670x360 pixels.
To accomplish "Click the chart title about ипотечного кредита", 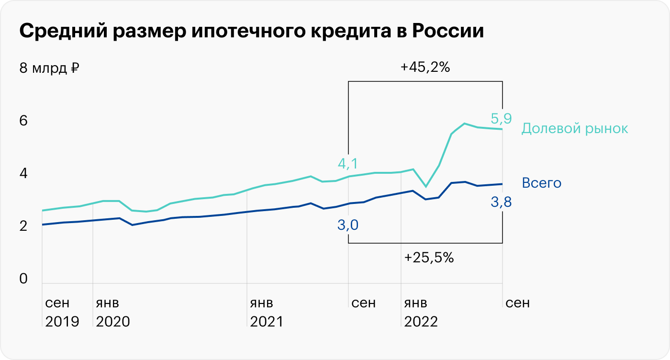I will pyautogui.click(x=252, y=32).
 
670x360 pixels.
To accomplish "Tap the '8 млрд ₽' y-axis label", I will pyautogui.click(x=49, y=68).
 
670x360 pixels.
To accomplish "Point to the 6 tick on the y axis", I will pyautogui.click(x=23, y=121).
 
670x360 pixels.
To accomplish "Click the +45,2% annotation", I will pyautogui.click(x=425, y=67).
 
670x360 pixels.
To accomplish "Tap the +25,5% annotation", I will pyautogui.click(x=429, y=258).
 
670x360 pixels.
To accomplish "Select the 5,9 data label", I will pyautogui.click(x=501, y=118).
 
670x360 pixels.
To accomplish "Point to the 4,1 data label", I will pyautogui.click(x=348, y=164).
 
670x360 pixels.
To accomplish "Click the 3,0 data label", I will pyautogui.click(x=348, y=224).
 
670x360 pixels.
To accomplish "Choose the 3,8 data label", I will pyautogui.click(x=501, y=202).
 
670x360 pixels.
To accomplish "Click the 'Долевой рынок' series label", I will pyautogui.click(x=574, y=128).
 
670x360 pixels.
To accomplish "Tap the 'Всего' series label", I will pyautogui.click(x=541, y=183).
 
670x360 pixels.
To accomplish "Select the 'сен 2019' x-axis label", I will pyautogui.click(x=62, y=312).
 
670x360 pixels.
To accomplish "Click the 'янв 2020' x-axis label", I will pyautogui.click(x=112, y=312).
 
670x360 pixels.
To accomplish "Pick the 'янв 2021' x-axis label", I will pyautogui.click(x=267, y=312).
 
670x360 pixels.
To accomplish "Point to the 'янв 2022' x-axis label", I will pyautogui.click(x=421, y=312).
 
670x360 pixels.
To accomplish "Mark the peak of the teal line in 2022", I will pyautogui.click(x=464, y=124).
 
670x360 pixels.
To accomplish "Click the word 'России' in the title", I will pyautogui.click(x=448, y=32).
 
